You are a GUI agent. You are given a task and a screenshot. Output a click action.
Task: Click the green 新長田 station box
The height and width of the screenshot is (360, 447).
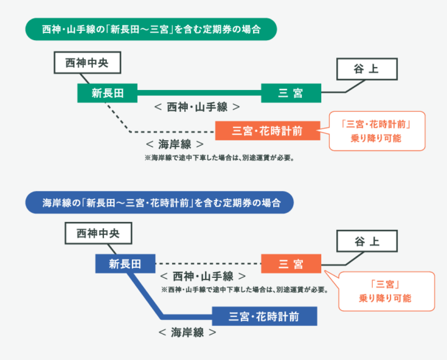click(107, 93)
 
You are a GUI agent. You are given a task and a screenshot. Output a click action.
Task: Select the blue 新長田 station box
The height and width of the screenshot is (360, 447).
click(125, 264)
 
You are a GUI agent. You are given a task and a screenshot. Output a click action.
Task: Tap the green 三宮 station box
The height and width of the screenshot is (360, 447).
click(291, 93)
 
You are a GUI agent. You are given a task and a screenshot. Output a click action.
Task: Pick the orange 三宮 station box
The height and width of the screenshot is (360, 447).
click(291, 264)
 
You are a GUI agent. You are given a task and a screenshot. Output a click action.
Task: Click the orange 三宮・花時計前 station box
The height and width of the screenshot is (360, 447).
click(267, 131)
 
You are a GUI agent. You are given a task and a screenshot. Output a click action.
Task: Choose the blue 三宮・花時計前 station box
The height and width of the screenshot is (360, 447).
click(264, 316)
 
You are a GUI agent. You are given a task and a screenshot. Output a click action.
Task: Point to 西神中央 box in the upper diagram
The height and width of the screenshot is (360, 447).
click(87, 63)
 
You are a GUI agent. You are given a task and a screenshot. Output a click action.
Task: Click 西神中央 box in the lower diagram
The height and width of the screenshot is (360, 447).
click(98, 233)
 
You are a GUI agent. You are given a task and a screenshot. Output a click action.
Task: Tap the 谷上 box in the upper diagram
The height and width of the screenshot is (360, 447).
click(367, 69)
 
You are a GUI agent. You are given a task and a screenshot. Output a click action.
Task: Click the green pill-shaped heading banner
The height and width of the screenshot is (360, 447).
click(151, 30)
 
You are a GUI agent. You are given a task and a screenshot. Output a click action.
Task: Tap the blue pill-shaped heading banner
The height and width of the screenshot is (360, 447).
click(159, 203)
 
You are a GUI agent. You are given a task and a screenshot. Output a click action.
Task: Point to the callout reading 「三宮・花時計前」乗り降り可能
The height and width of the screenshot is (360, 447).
click(377, 131)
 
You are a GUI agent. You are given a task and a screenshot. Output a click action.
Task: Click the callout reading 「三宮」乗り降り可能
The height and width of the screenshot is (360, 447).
click(386, 291)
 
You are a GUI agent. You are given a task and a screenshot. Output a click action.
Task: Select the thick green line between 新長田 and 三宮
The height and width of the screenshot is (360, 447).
click(199, 93)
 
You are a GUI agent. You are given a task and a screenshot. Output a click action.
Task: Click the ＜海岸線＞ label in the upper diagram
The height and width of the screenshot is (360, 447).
click(174, 144)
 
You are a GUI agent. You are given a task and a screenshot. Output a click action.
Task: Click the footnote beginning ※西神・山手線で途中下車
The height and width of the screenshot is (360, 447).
click(244, 289)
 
